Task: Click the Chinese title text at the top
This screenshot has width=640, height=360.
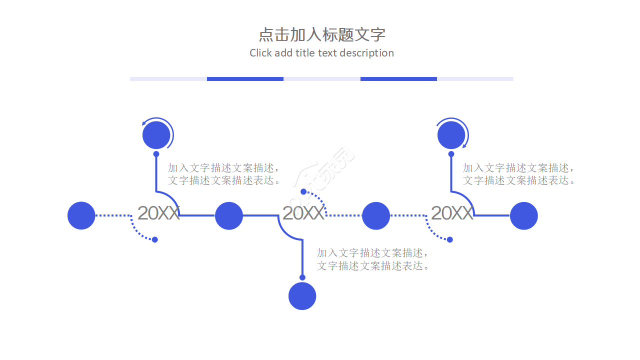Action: (x=322, y=34)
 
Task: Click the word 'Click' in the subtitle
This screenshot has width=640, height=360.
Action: (x=260, y=53)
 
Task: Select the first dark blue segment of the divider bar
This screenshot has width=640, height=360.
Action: (x=245, y=79)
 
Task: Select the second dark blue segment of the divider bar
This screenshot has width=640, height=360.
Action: (x=398, y=79)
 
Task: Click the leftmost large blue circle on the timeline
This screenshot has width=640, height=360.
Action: (x=81, y=215)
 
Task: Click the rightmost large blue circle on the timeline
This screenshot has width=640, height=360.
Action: (x=523, y=215)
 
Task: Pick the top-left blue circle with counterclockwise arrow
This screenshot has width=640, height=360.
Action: (x=156, y=135)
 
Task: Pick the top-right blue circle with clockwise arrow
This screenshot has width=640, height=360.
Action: (x=451, y=135)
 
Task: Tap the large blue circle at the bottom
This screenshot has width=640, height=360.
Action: (x=302, y=295)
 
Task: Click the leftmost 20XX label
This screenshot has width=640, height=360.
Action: (x=158, y=213)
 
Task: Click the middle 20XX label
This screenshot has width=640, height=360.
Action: (x=303, y=213)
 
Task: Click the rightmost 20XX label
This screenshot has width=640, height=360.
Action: (x=451, y=213)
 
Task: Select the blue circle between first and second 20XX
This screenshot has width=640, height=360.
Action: (x=229, y=215)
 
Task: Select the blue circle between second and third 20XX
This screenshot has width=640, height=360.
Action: (x=375, y=215)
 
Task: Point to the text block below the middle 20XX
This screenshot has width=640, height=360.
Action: (x=373, y=259)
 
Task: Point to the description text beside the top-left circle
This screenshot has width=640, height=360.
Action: (x=224, y=174)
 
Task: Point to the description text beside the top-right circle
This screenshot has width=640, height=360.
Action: (x=519, y=174)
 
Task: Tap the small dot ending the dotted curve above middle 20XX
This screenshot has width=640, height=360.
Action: (x=303, y=191)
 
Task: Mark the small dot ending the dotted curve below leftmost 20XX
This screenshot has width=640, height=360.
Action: (x=155, y=239)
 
